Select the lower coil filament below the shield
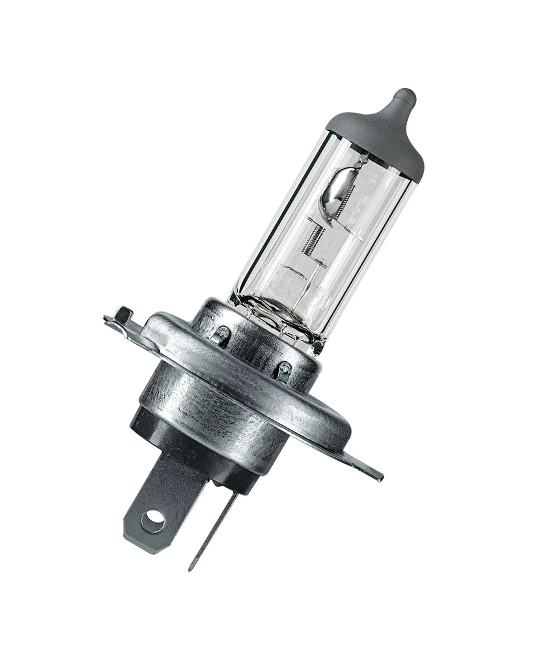tap(315, 239)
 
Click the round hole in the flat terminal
tap(154, 519)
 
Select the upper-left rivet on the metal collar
tap(222, 333)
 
